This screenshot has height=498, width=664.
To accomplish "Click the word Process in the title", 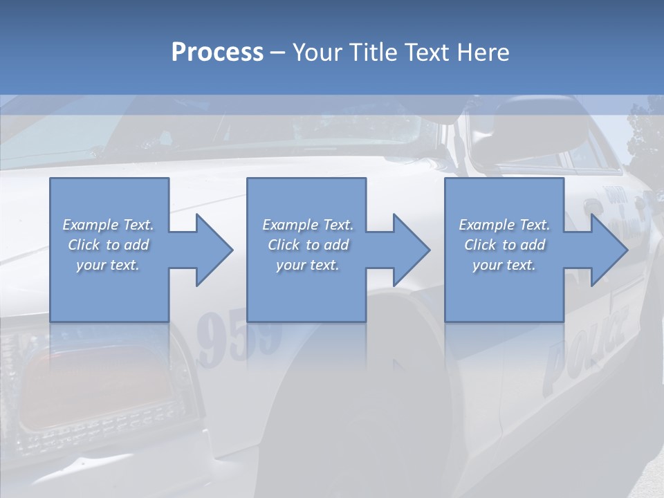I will point(217,53).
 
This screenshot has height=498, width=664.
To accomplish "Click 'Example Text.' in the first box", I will point(109,225).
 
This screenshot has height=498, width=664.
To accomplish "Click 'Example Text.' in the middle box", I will point(308,225).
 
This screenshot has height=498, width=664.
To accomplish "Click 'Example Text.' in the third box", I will point(504,225).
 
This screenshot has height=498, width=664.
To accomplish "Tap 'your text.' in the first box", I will point(109,266).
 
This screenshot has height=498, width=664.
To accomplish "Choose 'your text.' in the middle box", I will point(308,266).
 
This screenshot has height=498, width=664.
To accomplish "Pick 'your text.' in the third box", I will point(504,266).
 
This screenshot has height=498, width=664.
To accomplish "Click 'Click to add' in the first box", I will point(109,245).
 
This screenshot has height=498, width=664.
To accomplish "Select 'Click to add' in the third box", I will point(504,245).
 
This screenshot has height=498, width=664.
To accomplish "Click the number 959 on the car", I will point(239,339).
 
